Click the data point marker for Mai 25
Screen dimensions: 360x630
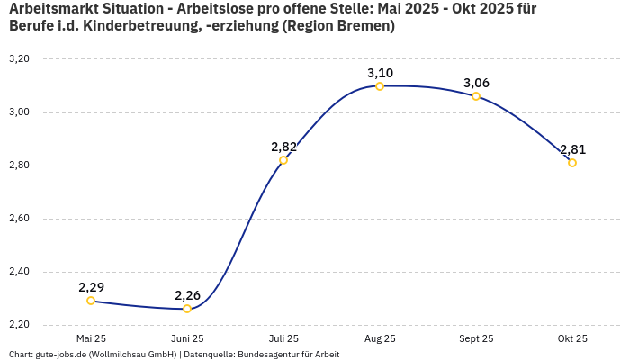coord(91,301)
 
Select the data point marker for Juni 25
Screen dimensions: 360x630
coord(187,309)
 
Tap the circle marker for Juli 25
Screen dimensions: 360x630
coord(283,160)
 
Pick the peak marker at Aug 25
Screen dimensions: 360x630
coord(380,86)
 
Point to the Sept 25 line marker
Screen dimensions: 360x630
coord(476,96)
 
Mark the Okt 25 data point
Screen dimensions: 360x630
coord(572,163)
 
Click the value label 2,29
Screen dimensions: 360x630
coord(91,287)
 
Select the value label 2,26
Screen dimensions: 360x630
coord(187,295)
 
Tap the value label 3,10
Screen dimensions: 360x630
coord(380,73)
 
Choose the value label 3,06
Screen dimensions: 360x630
coord(476,83)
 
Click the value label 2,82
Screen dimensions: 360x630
coord(283,147)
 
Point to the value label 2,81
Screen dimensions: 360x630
coord(572,149)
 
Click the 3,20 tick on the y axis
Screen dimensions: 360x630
coord(19,59)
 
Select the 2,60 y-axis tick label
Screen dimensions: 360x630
coord(19,219)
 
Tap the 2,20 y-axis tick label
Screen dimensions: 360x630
coord(19,325)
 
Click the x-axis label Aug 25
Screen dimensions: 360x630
coord(380,338)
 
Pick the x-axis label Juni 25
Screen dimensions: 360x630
coord(187,338)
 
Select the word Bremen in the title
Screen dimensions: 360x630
coord(362,26)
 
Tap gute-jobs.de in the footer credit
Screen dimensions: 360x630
coord(62,355)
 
